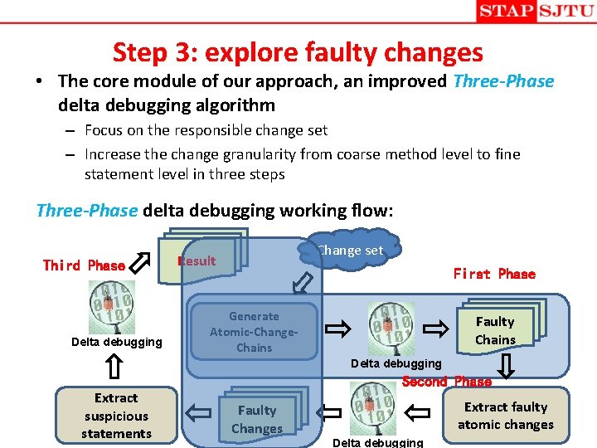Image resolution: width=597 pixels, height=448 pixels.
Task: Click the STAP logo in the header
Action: [506, 11]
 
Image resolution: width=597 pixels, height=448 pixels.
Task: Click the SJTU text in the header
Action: [565, 11]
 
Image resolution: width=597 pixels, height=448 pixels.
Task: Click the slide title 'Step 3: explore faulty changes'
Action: [298, 52]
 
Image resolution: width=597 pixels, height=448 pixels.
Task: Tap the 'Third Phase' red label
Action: [84, 265]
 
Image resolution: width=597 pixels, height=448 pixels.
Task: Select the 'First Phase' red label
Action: [494, 274]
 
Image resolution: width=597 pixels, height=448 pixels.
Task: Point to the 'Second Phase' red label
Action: [446, 382]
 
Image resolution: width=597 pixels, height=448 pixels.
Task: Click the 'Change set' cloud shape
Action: [352, 250]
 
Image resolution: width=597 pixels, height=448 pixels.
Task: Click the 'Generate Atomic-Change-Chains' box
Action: [254, 332]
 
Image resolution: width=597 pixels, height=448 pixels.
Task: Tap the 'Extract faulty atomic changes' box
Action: [506, 416]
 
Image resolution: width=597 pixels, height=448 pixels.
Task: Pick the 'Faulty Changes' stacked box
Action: [258, 419]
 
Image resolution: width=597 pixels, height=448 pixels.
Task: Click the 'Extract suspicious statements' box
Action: [116, 416]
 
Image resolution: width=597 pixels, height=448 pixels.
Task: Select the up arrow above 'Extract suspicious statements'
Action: [115, 366]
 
